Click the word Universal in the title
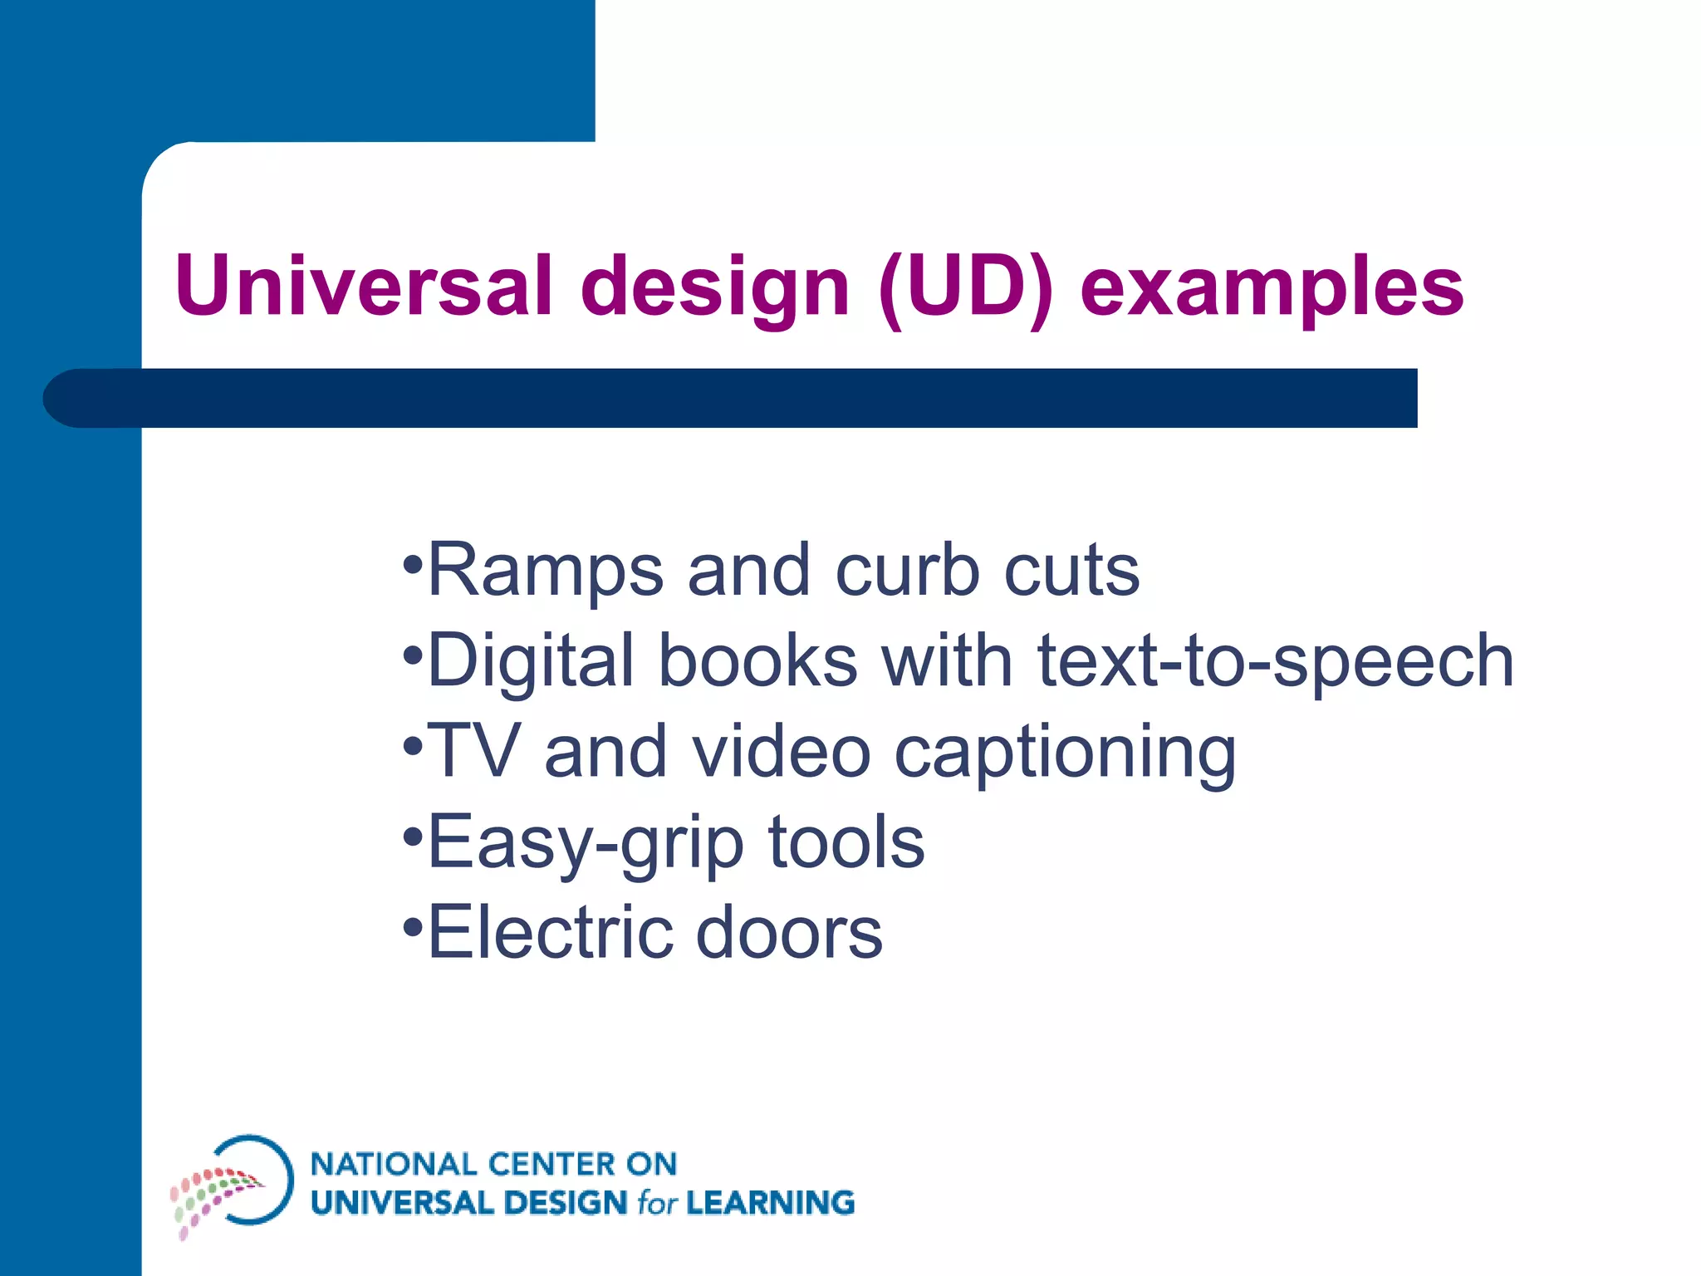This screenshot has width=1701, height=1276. (364, 286)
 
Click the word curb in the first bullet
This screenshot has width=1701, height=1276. (907, 570)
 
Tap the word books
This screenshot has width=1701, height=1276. (757, 661)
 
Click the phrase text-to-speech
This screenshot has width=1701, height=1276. (1276, 661)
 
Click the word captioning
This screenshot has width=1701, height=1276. (1065, 753)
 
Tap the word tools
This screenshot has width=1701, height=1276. (846, 842)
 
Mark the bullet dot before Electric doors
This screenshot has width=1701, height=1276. (413, 925)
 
